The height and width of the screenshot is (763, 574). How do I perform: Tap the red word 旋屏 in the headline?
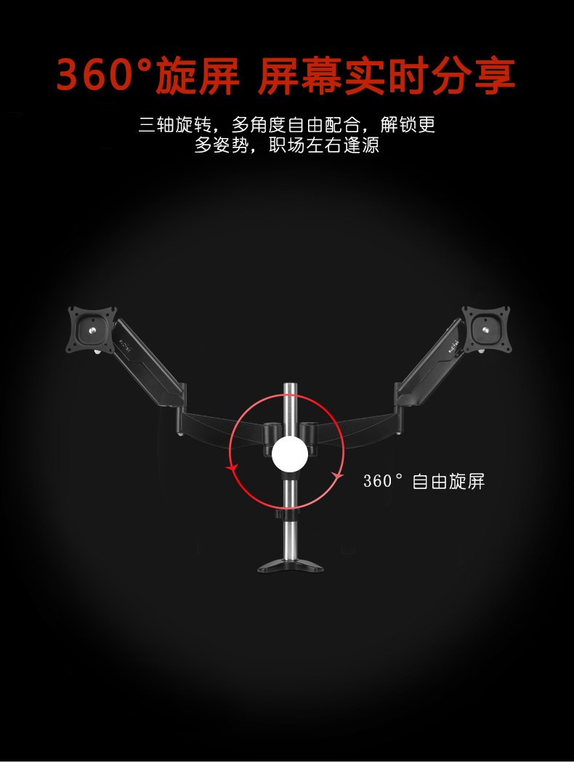click(197, 76)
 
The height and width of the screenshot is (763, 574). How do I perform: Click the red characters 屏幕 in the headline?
click(300, 76)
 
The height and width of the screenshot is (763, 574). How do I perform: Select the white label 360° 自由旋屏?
click(424, 481)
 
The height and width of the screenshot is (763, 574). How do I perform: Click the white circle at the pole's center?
click(289, 454)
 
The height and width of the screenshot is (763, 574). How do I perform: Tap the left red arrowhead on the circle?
click(232, 469)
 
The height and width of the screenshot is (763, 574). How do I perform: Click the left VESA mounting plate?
click(92, 328)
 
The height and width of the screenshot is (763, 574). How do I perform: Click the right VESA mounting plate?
click(485, 328)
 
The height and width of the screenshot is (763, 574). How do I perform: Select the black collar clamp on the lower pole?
click(289, 514)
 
